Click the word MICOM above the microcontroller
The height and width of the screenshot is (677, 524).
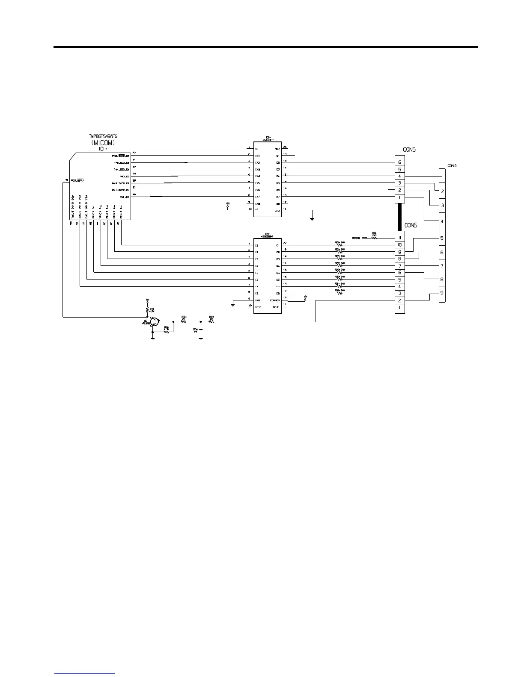click(103, 143)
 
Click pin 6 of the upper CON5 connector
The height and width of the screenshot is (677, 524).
click(399, 162)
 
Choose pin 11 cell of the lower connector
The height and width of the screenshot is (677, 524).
click(399, 238)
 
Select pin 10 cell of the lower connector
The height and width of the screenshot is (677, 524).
click(399, 245)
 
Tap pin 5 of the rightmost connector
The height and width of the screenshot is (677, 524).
click(442, 238)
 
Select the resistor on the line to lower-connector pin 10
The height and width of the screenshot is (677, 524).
click(339, 245)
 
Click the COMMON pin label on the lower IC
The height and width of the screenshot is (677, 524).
click(274, 300)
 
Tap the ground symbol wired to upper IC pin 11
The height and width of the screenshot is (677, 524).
click(313, 219)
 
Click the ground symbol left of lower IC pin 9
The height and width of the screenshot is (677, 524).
click(232, 305)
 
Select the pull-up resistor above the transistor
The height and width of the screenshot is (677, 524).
click(147, 309)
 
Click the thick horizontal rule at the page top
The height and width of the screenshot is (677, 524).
click(265, 47)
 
